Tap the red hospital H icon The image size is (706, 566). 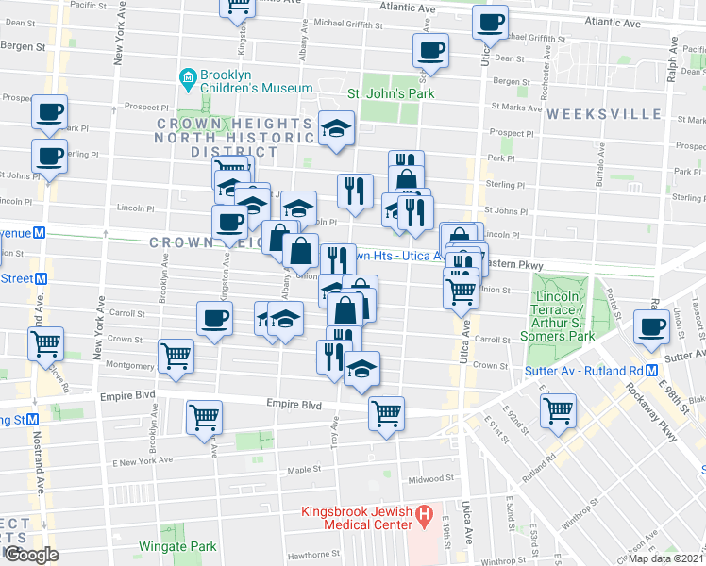point(425,514)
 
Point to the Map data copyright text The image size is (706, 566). point(665,558)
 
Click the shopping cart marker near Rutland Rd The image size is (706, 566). point(558,409)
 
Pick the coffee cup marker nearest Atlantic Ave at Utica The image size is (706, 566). point(489,23)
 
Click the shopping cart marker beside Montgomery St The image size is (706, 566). point(176,357)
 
